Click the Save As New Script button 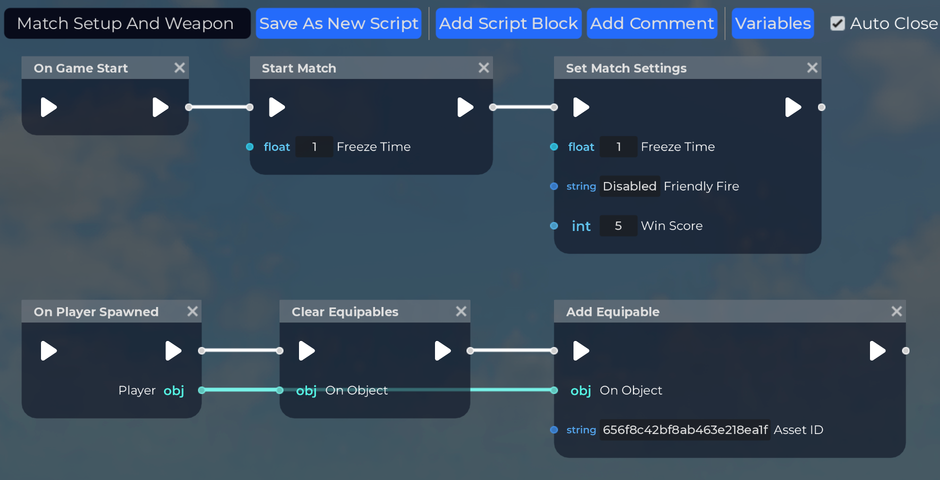click(x=338, y=23)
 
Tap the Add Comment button click(x=652, y=23)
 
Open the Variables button click(x=772, y=23)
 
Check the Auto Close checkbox click(x=837, y=23)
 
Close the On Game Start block click(x=179, y=67)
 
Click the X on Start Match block click(x=483, y=67)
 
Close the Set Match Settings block click(x=812, y=67)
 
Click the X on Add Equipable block click(x=896, y=311)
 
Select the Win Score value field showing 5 click(x=618, y=226)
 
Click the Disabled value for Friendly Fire click(x=629, y=186)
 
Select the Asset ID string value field click(x=685, y=430)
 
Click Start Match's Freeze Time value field click(x=314, y=147)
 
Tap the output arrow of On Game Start click(x=160, y=107)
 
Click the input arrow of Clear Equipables click(x=306, y=350)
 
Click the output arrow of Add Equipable click(x=877, y=350)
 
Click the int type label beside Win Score click(x=581, y=226)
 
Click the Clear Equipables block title click(x=345, y=311)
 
